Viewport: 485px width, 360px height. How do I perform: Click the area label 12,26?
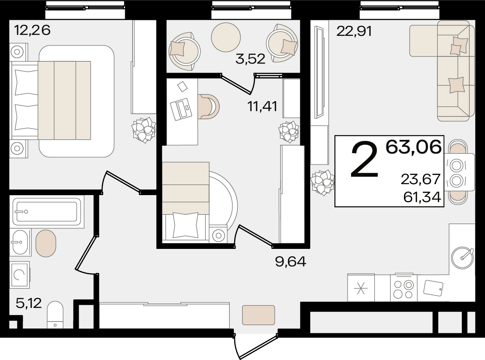(32, 30)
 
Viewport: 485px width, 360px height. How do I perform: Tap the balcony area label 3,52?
(250, 59)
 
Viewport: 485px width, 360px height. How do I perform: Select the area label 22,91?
(354, 31)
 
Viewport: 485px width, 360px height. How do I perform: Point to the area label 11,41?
(262, 106)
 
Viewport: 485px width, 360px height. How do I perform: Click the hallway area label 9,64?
(291, 262)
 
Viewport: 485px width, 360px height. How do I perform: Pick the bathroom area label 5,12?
(28, 303)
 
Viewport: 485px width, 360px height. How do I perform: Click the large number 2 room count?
(365, 160)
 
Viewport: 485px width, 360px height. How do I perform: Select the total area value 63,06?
(413, 147)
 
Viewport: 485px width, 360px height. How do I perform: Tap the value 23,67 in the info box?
(421, 179)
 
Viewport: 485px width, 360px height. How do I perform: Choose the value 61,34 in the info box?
(422, 196)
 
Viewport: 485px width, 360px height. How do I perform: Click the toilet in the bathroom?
(55, 315)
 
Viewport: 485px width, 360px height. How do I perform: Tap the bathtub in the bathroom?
(47, 212)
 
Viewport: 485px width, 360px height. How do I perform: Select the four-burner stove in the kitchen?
(404, 288)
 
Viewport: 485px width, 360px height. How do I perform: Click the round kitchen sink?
(462, 258)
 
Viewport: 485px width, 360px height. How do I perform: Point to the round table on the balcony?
(226, 37)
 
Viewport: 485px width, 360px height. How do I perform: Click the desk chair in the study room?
(209, 106)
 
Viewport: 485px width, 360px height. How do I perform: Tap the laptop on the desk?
(181, 109)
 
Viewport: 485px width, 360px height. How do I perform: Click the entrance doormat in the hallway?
(259, 315)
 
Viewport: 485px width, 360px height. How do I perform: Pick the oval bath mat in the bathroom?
(46, 243)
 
